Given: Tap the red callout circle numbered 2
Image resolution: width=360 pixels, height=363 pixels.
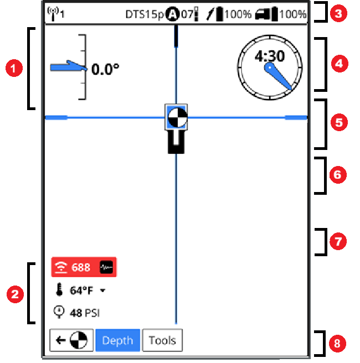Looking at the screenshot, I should (13, 293).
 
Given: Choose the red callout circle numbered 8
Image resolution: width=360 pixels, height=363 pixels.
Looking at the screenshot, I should (337, 343).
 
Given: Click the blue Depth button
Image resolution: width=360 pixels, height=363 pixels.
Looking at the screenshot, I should (117, 340).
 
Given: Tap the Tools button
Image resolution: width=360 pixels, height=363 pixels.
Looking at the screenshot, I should (162, 340).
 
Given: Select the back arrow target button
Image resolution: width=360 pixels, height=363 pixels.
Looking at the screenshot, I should (71, 340).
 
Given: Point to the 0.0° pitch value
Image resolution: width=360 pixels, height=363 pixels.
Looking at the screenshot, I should (105, 69).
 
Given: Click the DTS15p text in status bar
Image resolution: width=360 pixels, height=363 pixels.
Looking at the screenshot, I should (146, 13).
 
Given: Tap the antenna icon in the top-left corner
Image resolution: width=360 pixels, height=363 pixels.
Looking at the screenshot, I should (54, 12).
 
